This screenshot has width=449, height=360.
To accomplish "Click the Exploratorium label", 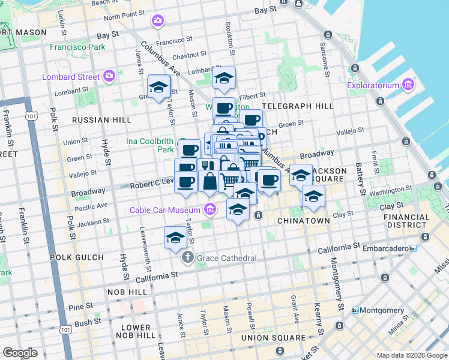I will click(373, 85).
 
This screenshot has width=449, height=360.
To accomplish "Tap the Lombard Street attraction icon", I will click(109, 76).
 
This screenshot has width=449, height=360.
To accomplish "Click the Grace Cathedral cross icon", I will click(187, 258).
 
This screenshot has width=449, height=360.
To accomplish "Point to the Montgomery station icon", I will click(355, 310).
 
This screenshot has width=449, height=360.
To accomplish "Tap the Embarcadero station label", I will click(383, 248).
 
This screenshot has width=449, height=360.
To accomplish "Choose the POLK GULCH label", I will click(82, 257).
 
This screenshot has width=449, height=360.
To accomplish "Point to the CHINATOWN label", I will click(304, 221).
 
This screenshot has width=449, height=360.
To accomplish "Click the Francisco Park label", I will click(77, 47).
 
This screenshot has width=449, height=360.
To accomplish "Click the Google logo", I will click(20, 353).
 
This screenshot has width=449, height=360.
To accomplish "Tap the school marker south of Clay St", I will click(238, 210).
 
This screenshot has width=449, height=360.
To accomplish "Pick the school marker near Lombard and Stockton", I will click(224, 79).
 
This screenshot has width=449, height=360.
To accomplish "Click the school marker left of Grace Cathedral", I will click(175, 238).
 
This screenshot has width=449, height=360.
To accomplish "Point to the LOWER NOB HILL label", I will click(136, 332).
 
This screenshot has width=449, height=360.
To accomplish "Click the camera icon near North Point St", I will click(158, 22).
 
